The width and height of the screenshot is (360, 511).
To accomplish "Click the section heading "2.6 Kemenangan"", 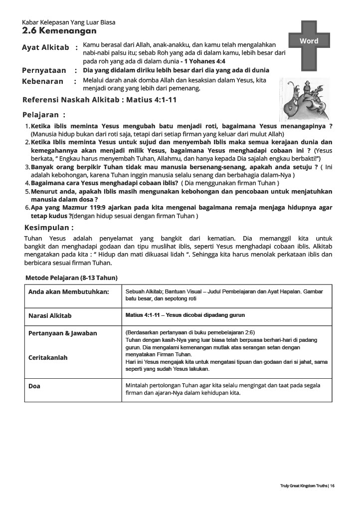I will (59, 31).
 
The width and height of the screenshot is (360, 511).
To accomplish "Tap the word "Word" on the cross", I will (309, 40).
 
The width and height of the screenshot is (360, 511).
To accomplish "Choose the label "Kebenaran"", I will (42, 81).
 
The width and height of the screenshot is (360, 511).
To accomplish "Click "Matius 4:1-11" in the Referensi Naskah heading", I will (152, 100).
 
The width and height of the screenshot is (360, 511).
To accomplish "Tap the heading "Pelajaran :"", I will (44, 114).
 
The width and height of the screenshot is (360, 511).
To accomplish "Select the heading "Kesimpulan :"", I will (48, 227).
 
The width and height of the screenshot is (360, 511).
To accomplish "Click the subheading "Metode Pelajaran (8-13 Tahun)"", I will (71, 277).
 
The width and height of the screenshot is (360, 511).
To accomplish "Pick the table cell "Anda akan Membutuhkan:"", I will (69, 291).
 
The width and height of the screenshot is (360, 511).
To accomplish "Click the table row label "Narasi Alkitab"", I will (50, 316).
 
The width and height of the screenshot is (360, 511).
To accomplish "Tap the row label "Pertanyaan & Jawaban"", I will (63, 333).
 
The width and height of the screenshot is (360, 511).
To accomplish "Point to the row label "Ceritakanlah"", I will (48, 358).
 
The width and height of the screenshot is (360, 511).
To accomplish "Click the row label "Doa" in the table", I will (34, 386).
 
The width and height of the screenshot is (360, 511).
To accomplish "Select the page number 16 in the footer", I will (332, 485).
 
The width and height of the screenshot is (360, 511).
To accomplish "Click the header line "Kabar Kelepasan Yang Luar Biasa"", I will (69, 22).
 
